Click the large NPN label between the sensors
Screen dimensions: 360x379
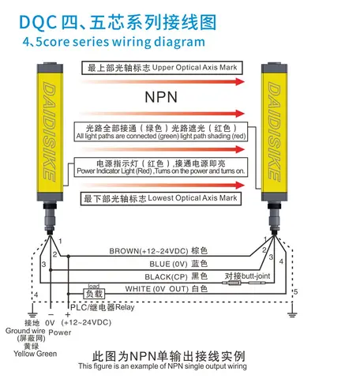click(161, 97)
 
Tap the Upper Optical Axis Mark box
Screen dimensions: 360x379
click(162, 68)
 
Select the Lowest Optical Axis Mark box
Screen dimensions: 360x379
click(160, 198)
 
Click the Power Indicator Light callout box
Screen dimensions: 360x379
click(161, 167)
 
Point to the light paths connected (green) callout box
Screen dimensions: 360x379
click(161, 132)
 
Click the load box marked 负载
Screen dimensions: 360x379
click(94, 294)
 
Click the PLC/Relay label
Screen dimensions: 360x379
click(103, 307)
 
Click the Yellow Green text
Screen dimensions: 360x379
click(36, 354)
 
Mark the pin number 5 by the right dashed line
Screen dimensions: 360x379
click(296, 291)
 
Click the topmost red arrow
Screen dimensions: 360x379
click(163, 81)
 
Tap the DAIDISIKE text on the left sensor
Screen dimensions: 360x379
click(49, 132)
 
